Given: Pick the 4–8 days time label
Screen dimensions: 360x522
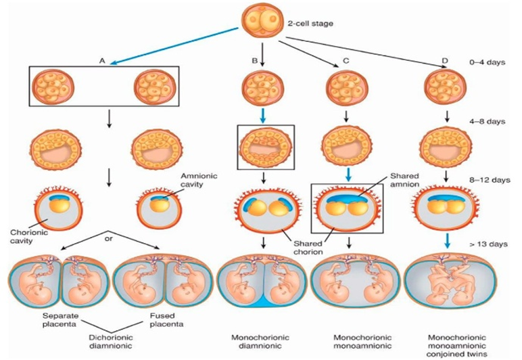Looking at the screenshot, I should coord(488,122).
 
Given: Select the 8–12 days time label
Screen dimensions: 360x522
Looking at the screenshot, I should coord(490,181).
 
